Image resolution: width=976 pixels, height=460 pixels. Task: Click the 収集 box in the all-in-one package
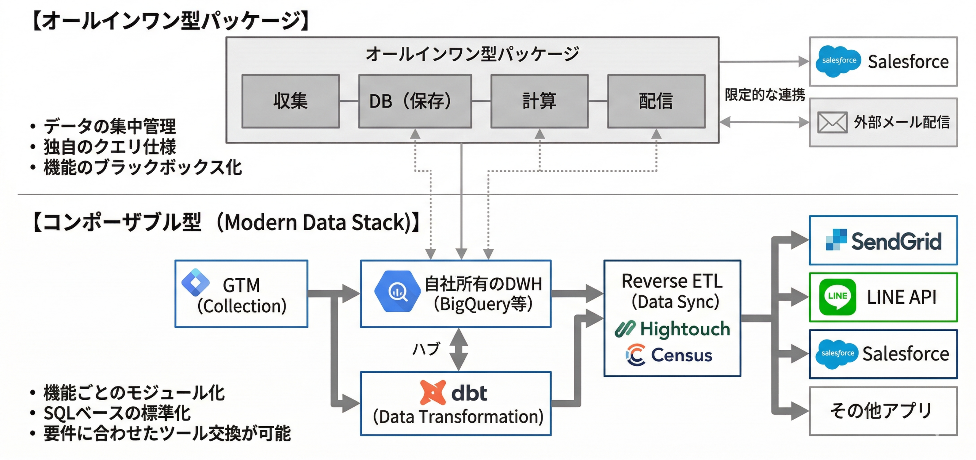coord(291,101)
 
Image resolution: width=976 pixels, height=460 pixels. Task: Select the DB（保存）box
coord(415,101)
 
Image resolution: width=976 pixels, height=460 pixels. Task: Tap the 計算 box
coord(539,101)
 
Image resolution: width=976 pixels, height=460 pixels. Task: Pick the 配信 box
coord(656,101)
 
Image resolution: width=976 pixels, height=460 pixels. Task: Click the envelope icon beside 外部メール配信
coord(832,122)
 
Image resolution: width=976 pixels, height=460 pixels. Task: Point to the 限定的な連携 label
coord(764,95)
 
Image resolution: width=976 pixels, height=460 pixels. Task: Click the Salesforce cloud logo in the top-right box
coord(838,61)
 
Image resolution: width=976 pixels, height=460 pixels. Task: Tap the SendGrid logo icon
coord(836,239)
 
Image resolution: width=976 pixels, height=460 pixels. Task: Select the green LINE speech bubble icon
coord(837,297)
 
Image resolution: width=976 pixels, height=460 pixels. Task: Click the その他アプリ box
coord(883,411)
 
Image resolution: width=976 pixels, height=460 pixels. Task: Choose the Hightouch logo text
coord(684,329)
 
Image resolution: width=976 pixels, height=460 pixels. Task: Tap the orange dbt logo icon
coord(432,392)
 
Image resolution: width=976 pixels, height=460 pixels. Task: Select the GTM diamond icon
coord(195,282)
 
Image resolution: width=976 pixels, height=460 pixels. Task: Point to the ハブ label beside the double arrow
coord(427,348)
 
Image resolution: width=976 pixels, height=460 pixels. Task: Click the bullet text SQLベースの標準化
coord(117,413)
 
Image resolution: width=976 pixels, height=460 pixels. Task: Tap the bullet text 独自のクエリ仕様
coord(109,147)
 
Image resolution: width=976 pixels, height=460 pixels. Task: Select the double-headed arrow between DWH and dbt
coord(459,349)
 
